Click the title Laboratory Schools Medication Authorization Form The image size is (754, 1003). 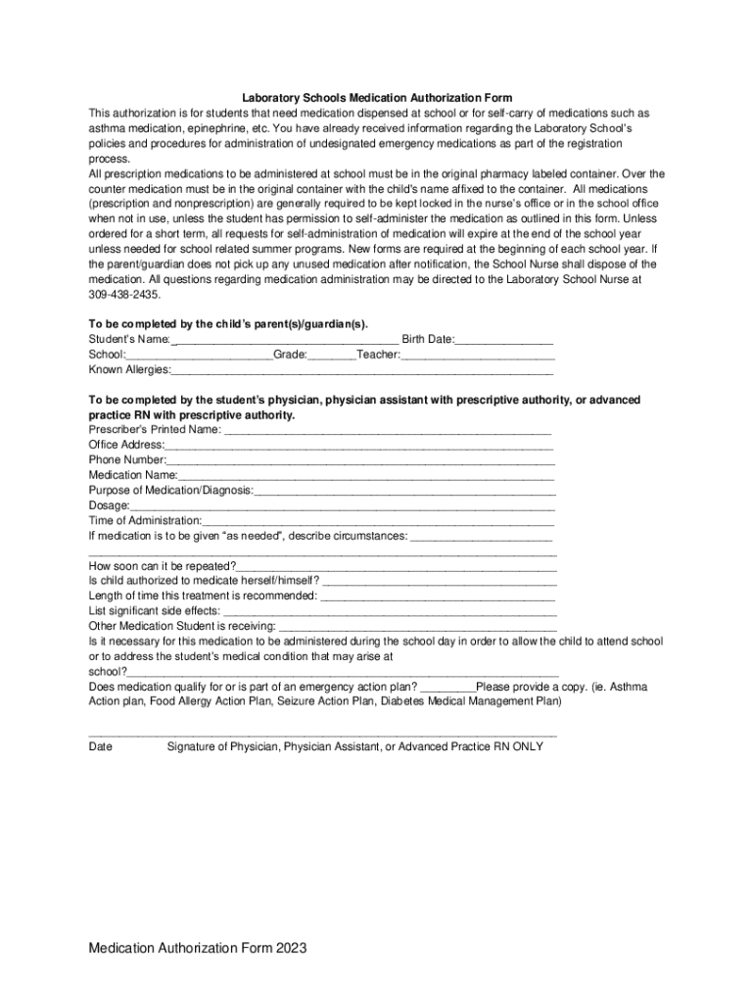[377, 98]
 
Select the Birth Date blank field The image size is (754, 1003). [504, 339]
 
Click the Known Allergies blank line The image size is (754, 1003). [362, 370]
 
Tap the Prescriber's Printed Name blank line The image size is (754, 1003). [387, 429]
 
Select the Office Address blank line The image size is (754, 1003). [359, 445]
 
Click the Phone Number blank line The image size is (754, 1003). [360, 459]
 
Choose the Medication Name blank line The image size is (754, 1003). [366, 475]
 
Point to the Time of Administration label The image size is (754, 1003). [145, 520]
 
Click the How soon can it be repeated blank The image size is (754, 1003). [397, 566]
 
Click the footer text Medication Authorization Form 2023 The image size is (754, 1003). [198, 948]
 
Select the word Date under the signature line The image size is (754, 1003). [101, 746]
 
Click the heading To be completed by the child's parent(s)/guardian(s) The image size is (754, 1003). [229, 323]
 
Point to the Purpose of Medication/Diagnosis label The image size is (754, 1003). [171, 490]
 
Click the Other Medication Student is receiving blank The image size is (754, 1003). [418, 626]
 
